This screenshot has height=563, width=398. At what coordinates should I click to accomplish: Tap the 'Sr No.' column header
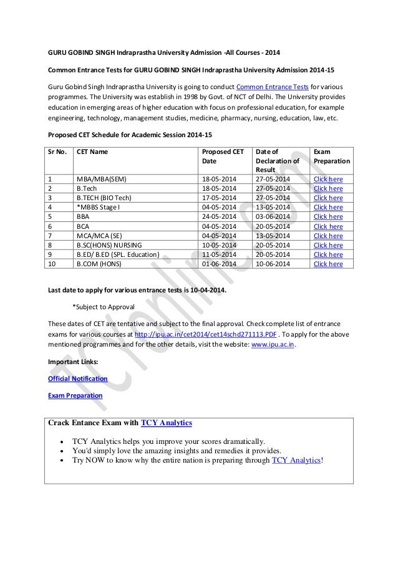(x=59, y=151)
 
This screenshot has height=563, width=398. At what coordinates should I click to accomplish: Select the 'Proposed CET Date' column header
(x=221, y=155)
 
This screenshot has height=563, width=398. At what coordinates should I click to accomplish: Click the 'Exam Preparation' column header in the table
(x=331, y=155)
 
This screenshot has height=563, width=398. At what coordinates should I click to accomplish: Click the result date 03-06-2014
(x=277, y=217)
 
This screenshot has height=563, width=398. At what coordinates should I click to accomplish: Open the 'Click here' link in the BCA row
(x=328, y=226)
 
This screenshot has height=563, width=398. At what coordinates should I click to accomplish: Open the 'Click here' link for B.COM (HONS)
(x=328, y=264)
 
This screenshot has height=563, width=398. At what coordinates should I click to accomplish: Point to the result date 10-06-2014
(x=277, y=264)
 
